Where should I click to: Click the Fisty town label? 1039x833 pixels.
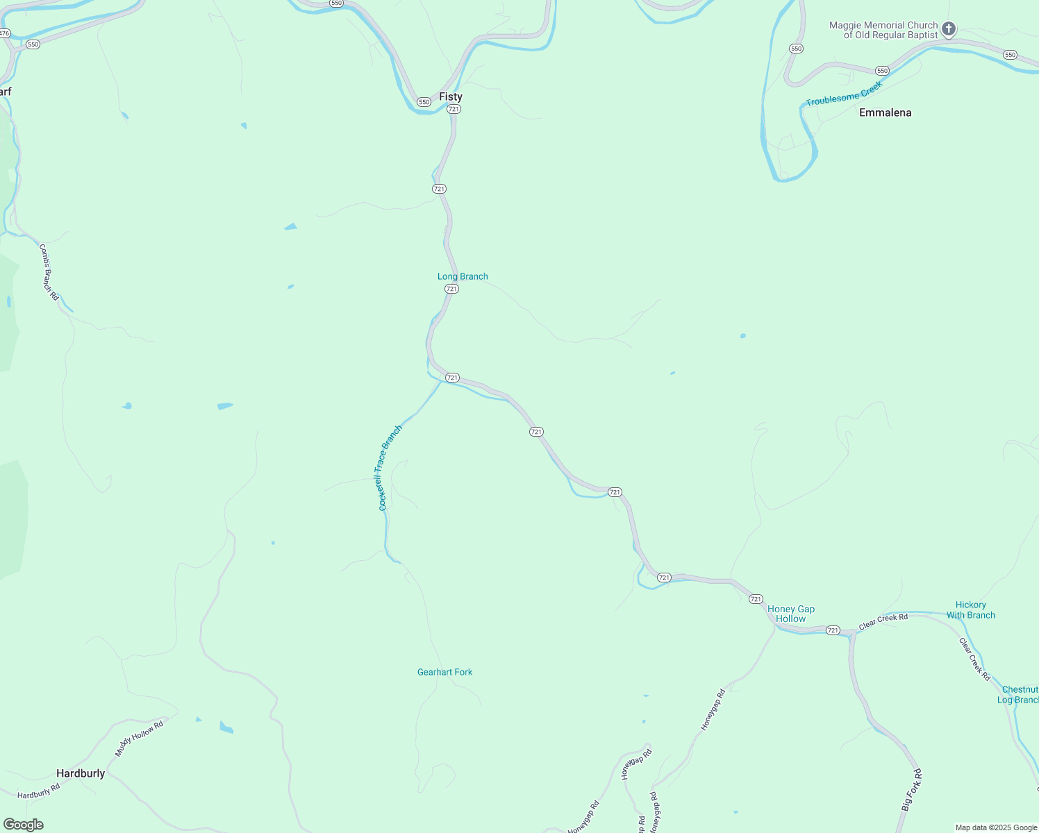pos(450,96)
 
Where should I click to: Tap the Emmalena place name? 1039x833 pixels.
pos(885,112)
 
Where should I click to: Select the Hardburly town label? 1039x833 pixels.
pos(81,773)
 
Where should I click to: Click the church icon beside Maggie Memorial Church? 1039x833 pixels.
pos(949,29)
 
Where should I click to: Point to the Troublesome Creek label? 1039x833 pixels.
pos(844,94)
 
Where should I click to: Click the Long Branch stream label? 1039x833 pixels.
pos(463,276)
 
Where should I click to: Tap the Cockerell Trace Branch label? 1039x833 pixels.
pos(390,468)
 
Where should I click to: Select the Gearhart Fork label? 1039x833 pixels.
pos(444,672)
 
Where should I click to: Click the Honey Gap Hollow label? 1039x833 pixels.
pos(791,614)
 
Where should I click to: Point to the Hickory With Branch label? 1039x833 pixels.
pos(970,610)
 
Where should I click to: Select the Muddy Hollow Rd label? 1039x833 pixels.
pos(139,738)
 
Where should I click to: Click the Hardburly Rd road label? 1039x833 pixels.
pos(39,791)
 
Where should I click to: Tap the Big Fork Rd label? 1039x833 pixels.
pos(911,790)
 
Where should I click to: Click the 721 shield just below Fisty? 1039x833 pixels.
pos(454,109)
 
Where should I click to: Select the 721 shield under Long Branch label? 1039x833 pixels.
pos(451,289)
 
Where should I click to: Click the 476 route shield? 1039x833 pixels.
pos(4,33)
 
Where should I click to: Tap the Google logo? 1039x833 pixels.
pos(24,825)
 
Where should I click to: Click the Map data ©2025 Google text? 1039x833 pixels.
pos(996,827)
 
